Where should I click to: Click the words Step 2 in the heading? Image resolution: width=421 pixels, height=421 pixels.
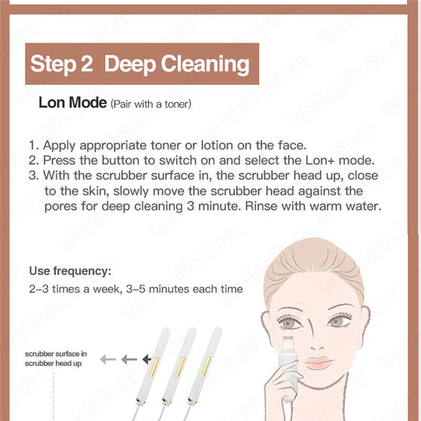point(62,64)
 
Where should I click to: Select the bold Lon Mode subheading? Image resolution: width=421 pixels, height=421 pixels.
point(72,103)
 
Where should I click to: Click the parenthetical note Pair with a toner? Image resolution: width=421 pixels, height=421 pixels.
point(150,104)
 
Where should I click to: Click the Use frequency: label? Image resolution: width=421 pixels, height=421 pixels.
point(70,272)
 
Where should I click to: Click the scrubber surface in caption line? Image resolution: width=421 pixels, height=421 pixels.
point(56,354)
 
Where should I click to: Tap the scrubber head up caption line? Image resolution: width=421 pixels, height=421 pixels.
point(53,363)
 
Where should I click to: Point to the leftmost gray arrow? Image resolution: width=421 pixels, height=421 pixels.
point(108,359)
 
